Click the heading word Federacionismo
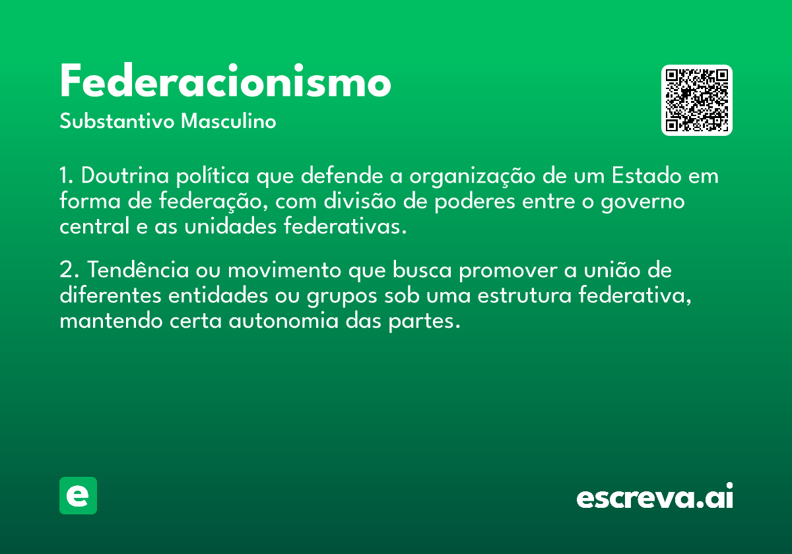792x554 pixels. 225,80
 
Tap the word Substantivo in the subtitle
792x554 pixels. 117,121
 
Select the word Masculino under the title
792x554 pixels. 228,121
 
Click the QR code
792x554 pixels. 696,100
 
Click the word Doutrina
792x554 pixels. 125,175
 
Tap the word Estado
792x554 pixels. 646,175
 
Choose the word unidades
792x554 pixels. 230,226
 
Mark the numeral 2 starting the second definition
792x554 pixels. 66,270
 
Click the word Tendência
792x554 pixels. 138,270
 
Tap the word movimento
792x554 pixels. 284,270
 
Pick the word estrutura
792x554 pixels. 524,295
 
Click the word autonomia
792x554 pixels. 284,321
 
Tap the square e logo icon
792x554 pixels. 78,495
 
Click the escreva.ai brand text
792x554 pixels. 655,495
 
